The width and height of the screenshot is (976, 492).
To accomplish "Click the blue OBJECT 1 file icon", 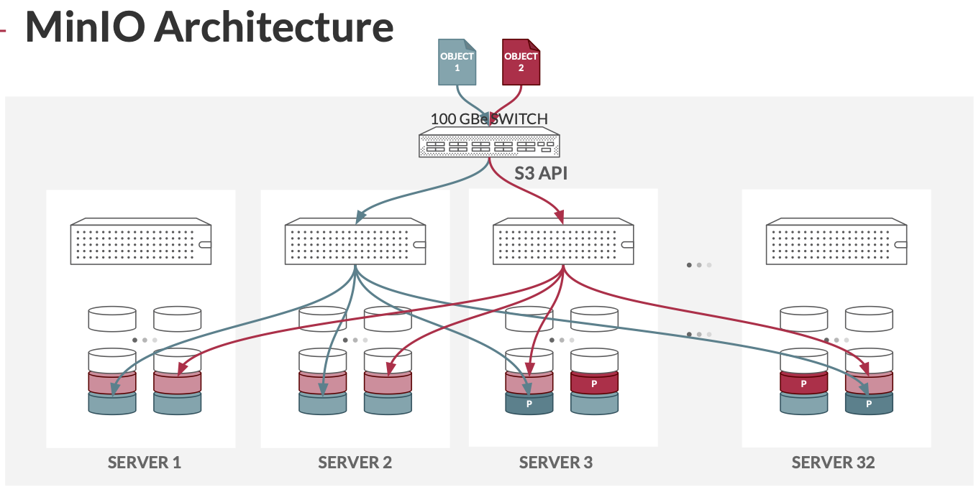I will (457, 62).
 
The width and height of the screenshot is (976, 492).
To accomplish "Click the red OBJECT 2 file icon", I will (521, 62).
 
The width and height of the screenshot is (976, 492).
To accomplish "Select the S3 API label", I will (541, 173).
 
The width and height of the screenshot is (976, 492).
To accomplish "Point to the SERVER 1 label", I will (144, 463).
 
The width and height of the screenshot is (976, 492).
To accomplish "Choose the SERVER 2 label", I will (355, 463).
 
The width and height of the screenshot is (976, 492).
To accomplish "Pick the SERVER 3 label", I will (556, 463).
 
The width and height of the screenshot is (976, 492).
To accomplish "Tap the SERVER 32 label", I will (833, 463).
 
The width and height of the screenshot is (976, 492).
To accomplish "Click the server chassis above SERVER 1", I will (141, 242).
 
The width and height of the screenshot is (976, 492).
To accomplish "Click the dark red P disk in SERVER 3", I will (594, 384).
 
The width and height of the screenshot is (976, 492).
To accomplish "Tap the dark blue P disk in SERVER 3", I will (529, 404).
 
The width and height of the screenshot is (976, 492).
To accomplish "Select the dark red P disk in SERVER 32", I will (803, 384).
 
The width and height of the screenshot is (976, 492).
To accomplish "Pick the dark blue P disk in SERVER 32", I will (868, 404).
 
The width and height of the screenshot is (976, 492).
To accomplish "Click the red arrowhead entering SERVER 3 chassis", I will (561, 216).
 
